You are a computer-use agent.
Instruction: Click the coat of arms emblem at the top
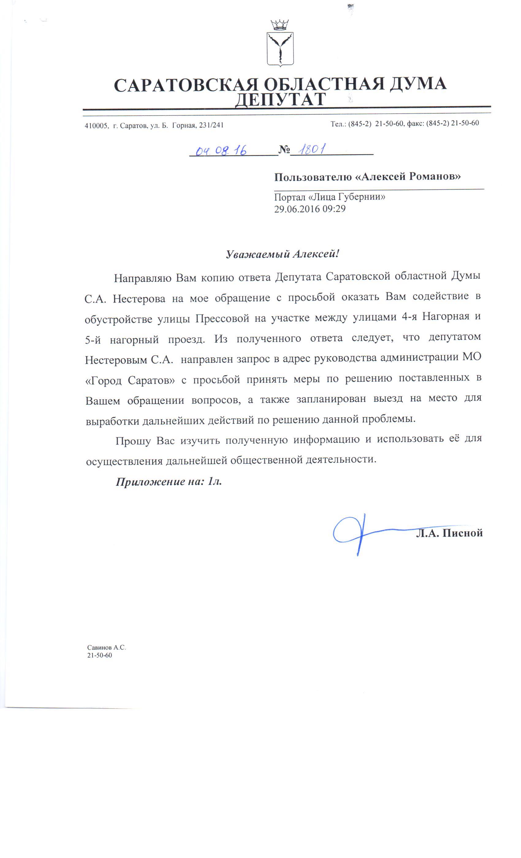(x=280, y=44)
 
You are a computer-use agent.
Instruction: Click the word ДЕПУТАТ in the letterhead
(x=280, y=100)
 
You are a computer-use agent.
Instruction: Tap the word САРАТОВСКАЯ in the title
(x=186, y=85)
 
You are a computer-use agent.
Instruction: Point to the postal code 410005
(x=95, y=126)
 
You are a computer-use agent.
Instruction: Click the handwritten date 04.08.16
(x=221, y=150)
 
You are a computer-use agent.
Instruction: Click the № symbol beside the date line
(x=284, y=150)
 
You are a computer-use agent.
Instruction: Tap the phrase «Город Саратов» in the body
(x=130, y=380)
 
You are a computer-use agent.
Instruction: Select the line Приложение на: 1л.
(x=169, y=482)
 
